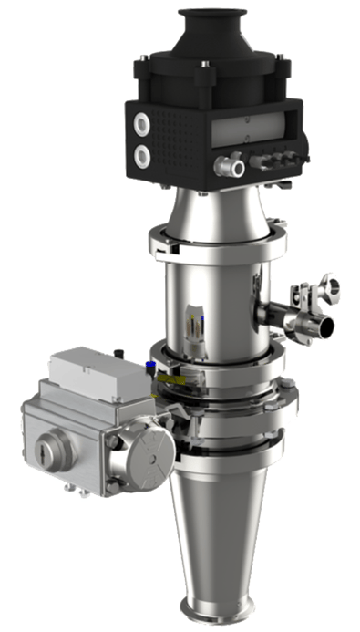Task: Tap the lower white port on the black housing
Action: [143, 156]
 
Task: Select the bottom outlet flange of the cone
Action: [219, 609]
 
